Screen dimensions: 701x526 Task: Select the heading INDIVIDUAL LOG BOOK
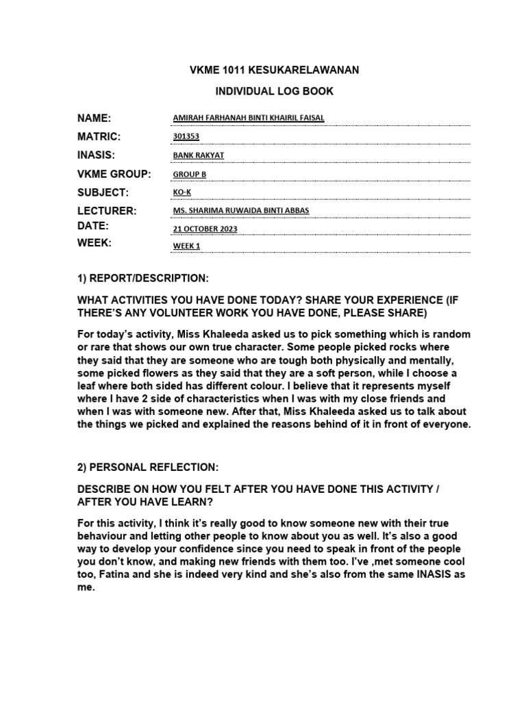pos(265,91)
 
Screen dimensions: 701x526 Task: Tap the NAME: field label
pos(94,118)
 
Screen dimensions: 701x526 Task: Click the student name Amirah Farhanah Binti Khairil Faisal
pos(249,118)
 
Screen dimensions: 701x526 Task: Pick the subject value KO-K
pos(182,192)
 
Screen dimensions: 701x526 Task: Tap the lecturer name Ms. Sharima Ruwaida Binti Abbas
pos(240,210)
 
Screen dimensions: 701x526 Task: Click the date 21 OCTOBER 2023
pos(205,229)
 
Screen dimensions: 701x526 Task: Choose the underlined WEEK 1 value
pos(187,246)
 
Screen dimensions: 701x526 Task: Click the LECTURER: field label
pos(107,210)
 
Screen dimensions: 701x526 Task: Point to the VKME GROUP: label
pos(114,174)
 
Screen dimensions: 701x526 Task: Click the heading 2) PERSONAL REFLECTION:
pos(148,467)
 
